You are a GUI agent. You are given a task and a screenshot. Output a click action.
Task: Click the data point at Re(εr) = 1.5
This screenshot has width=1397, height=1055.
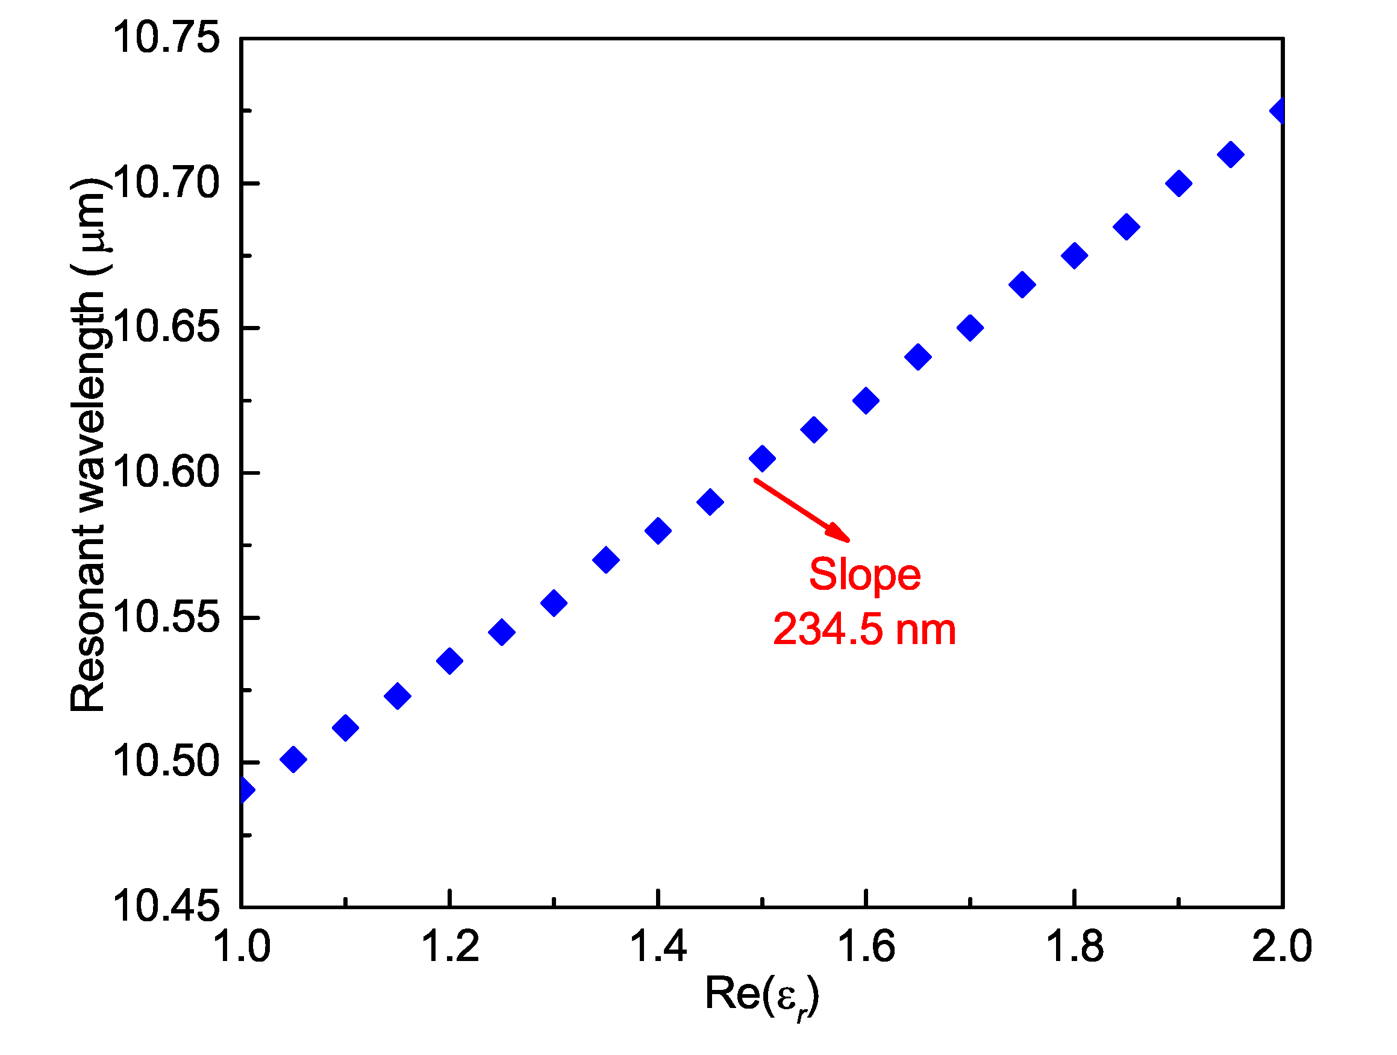click(761, 458)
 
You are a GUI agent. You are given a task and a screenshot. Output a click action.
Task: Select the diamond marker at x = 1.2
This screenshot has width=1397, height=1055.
click(449, 661)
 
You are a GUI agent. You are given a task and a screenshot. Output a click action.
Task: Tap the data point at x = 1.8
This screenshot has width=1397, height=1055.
click(1074, 256)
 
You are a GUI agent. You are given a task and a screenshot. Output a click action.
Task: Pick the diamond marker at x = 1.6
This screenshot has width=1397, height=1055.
click(866, 401)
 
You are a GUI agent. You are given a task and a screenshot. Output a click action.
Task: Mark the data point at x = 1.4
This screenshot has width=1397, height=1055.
click(658, 531)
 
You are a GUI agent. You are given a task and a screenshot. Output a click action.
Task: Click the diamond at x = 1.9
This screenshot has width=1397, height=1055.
click(1178, 184)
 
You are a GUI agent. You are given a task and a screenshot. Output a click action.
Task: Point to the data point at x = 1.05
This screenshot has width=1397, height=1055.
click(293, 759)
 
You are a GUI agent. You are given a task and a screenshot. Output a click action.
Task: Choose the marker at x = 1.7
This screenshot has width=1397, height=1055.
click(970, 328)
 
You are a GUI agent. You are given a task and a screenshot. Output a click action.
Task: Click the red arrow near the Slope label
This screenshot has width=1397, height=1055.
click(802, 510)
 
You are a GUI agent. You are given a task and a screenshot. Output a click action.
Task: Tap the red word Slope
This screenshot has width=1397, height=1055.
click(864, 575)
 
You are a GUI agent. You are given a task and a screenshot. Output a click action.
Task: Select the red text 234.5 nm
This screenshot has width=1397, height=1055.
click(864, 630)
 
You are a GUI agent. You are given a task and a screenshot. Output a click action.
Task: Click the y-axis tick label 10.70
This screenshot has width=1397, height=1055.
click(166, 183)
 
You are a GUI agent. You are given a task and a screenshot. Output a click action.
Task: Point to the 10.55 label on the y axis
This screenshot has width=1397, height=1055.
click(166, 617)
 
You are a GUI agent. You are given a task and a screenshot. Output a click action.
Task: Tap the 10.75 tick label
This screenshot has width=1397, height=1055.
click(166, 38)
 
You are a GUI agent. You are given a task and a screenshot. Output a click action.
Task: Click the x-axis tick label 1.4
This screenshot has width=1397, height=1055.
click(658, 947)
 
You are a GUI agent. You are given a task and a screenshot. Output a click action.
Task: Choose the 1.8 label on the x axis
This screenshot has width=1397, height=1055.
click(1074, 947)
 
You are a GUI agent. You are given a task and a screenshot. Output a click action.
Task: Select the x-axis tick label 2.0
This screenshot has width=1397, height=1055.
click(1282, 947)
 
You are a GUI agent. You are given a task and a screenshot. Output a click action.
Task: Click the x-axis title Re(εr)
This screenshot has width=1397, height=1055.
click(761, 995)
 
